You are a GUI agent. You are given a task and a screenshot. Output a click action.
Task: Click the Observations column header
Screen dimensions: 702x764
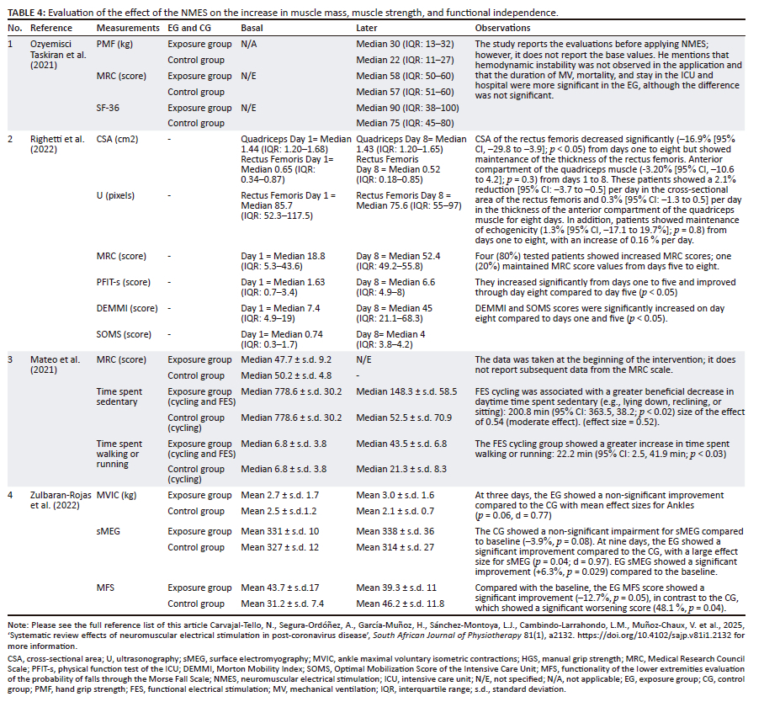pyautogui.click(x=502, y=28)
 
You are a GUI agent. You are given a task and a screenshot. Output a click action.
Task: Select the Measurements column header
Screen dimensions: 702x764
pyautogui.click(x=125, y=28)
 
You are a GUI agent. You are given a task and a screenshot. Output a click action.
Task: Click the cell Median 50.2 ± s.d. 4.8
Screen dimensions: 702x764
pyautogui.click(x=284, y=375)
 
